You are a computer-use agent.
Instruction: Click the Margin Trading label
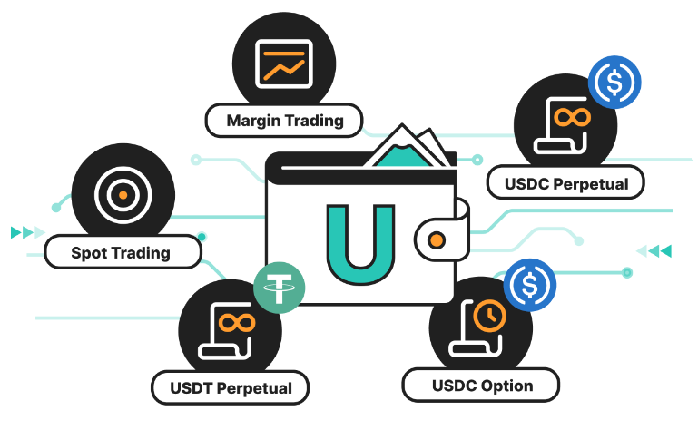(x=283, y=120)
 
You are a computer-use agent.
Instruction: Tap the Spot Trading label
(x=121, y=251)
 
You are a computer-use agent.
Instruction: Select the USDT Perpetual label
(x=231, y=388)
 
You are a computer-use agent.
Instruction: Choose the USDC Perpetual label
(x=566, y=183)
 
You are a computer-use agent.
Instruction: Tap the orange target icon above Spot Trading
(x=121, y=193)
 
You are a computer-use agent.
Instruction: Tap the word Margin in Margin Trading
(x=252, y=120)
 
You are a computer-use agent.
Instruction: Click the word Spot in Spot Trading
(x=89, y=251)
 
